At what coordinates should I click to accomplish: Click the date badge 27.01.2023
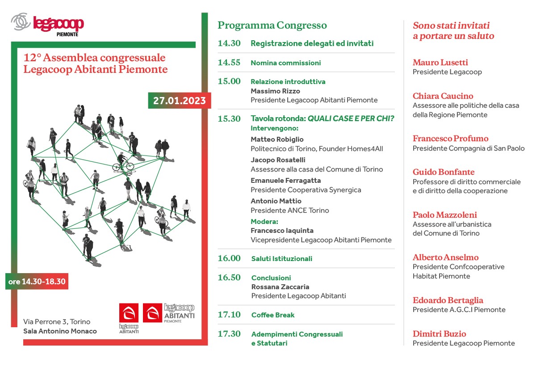pos(180,101)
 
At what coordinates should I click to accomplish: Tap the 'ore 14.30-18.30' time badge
pos(37,281)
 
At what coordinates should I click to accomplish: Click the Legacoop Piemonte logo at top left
pos(47,25)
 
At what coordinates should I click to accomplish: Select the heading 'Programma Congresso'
pos(272,25)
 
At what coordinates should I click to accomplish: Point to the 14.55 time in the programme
pos(229,63)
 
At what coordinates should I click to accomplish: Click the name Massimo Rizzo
pos(275,91)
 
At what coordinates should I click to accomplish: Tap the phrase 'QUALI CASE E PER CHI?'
pos(351,118)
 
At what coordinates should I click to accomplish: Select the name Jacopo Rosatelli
pos(278,160)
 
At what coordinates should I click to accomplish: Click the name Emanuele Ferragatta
pos(286,180)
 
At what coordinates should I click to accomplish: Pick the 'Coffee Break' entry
pos(273,315)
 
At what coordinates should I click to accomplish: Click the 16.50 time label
pos(229,277)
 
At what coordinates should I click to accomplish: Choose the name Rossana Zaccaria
pos(280,287)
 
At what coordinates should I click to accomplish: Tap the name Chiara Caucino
pos(443,96)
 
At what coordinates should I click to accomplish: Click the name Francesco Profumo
pos(451,138)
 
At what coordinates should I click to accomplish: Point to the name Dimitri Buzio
pos(440,333)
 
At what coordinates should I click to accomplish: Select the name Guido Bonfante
pos(444,172)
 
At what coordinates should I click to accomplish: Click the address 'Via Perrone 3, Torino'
pos(57,321)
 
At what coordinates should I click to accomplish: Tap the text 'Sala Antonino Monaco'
pos(60,331)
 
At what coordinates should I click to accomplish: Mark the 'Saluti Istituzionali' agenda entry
pos(282,258)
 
